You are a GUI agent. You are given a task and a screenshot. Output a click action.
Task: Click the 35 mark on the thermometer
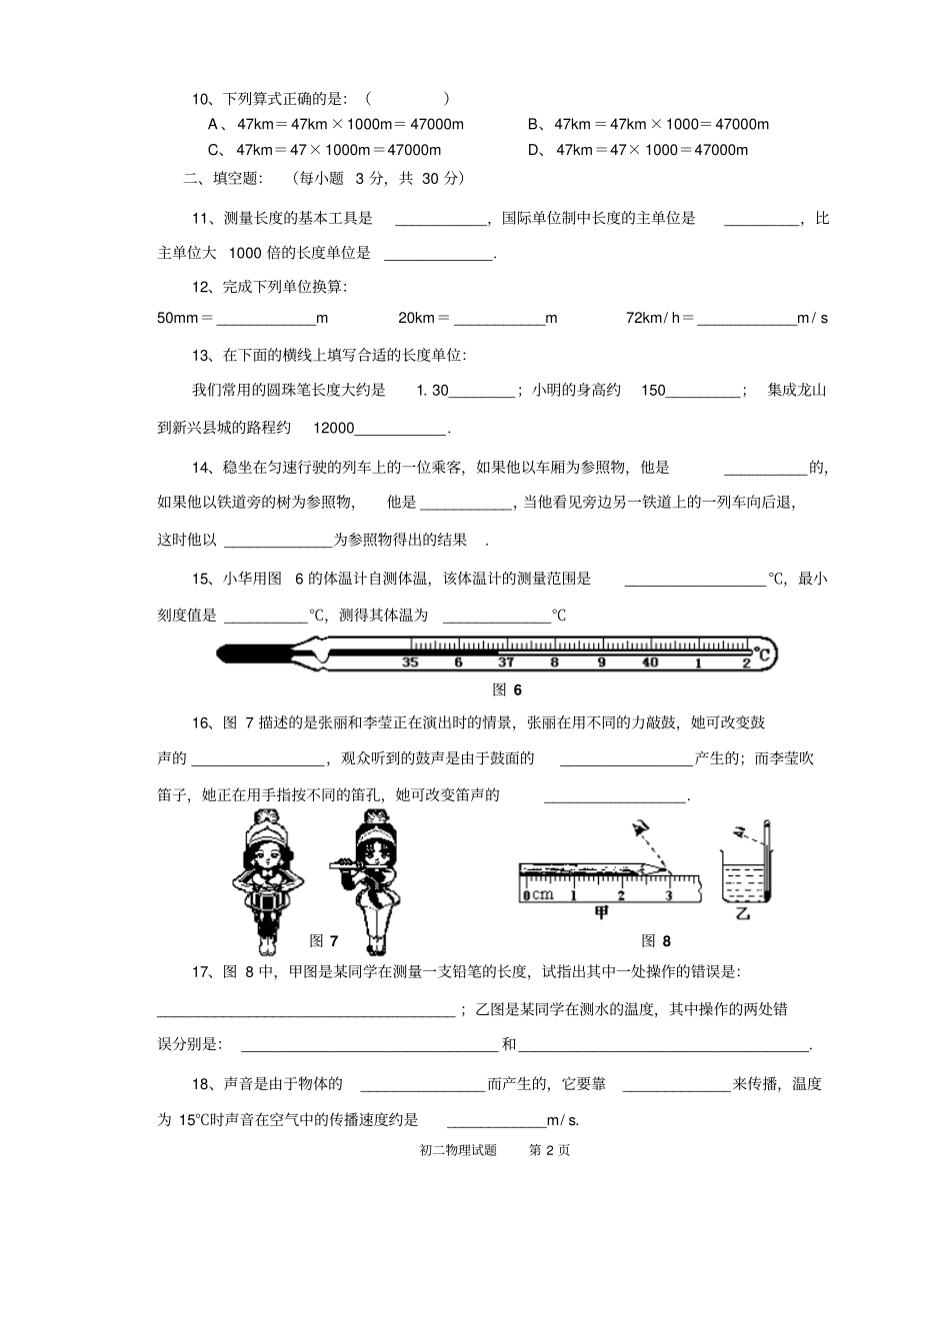click(410, 662)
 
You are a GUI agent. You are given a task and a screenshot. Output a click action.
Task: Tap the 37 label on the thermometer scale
click(506, 662)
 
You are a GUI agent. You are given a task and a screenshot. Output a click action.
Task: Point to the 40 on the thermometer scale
click(650, 662)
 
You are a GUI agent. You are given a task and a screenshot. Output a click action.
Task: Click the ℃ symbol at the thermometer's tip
click(763, 656)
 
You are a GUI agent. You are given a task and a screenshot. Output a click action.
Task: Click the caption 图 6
click(507, 689)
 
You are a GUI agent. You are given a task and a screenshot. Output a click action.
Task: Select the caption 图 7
click(324, 940)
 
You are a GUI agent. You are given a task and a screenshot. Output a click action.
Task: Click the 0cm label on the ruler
click(538, 894)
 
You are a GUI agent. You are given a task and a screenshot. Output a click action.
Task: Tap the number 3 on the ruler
click(668, 894)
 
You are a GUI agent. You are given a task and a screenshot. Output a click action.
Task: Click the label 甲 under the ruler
click(601, 911)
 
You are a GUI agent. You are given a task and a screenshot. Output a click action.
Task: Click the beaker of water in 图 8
click(741, 875)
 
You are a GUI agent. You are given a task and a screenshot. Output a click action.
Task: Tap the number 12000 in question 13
click(334, 428)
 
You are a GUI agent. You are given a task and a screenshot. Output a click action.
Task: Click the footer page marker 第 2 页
click(549, 1150)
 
